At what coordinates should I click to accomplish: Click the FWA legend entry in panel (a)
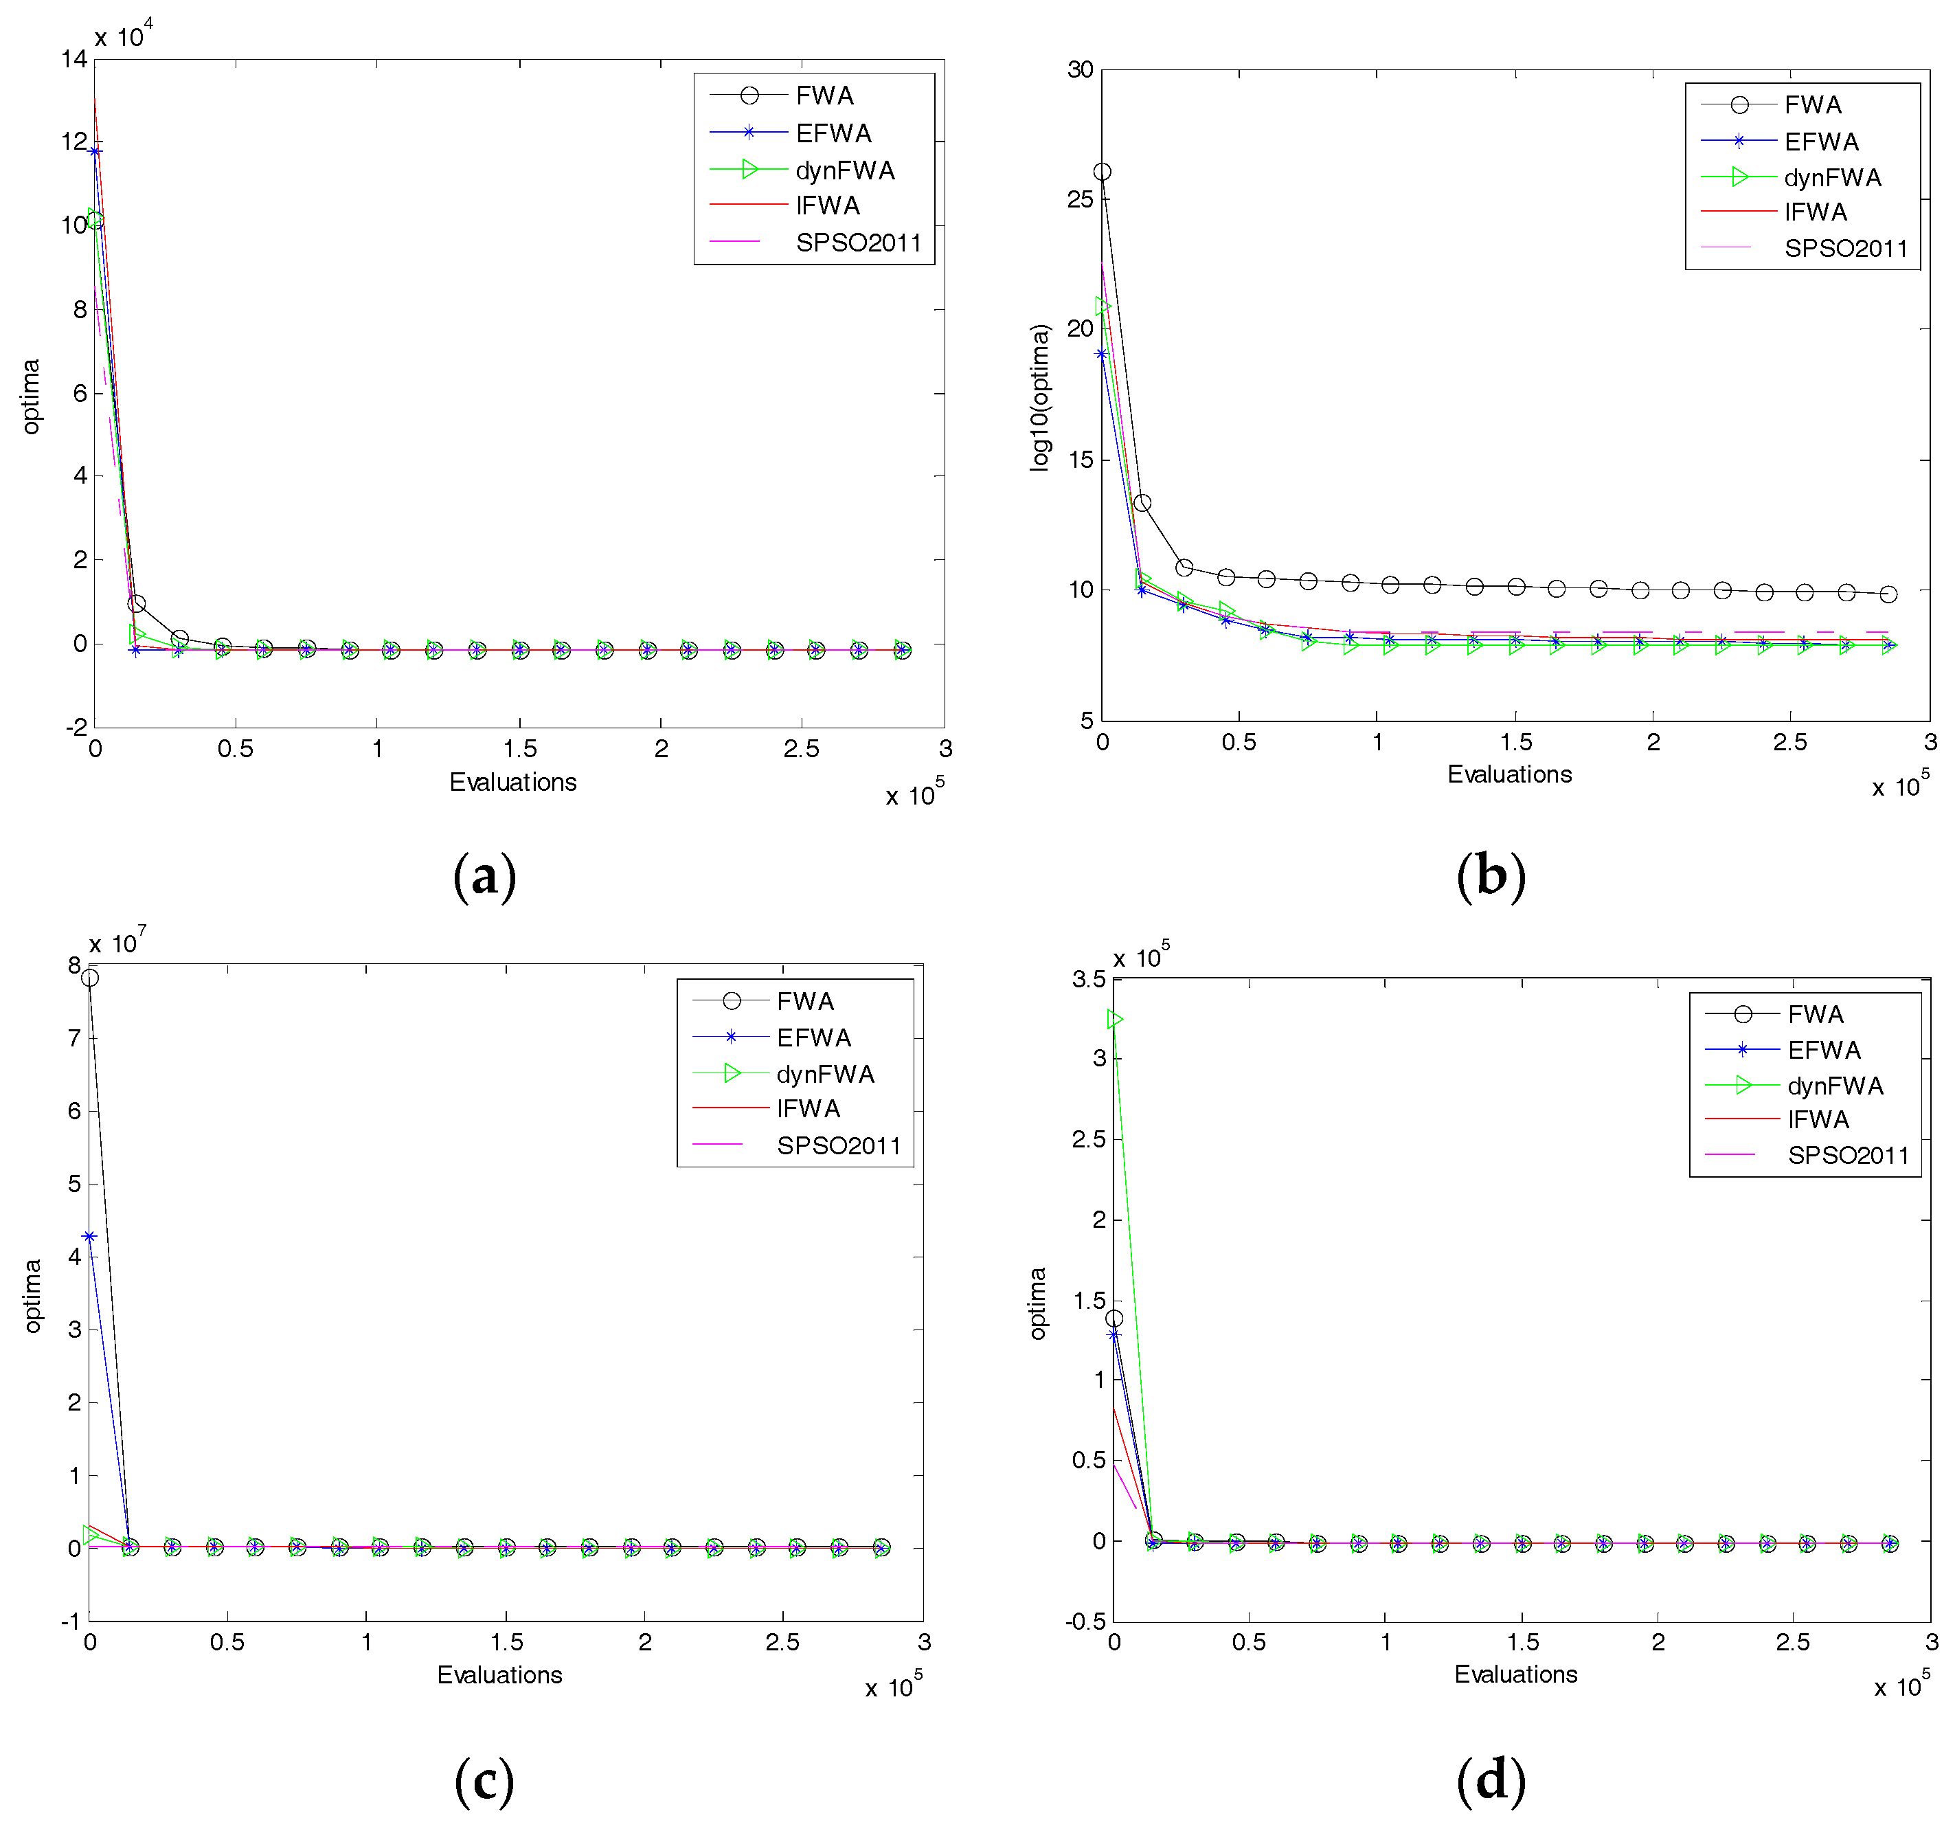coord(824,96)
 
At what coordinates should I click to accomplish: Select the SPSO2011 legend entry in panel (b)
coord(1845,248)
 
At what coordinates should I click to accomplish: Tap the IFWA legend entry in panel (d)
coord(1818,1120)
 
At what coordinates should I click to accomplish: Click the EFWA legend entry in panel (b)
coord(1821,142)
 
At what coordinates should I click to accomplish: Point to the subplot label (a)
coord(484,875)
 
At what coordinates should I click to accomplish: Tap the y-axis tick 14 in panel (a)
coord(74,59)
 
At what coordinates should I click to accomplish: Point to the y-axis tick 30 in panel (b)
coord(1080,70)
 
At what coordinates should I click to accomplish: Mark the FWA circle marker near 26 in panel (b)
coord(1103,172)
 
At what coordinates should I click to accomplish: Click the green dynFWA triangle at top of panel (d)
coord(1114,1020)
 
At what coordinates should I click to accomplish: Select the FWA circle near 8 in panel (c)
coord(89,978)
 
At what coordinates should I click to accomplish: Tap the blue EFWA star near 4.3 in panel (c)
coord(89,1237)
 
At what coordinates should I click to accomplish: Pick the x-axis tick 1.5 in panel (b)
coord(1515,742)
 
